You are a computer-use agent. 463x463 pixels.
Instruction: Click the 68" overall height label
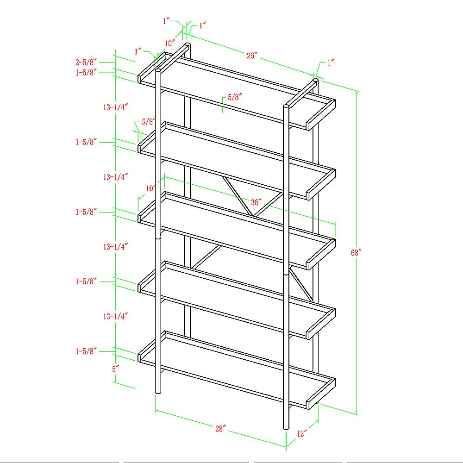pos(356,253)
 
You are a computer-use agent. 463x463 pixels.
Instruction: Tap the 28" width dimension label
pos(220,428)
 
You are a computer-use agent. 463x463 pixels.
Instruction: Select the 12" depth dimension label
pos(302,433)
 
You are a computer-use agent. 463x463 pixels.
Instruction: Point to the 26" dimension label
pos(252,55)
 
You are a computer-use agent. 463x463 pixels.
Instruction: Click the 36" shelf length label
pos(256,202)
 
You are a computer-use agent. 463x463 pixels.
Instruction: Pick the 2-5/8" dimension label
pos(86,63)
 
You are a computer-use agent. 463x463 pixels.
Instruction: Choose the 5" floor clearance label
pos(115,369)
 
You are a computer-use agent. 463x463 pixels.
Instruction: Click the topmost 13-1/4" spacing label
pos(115,107)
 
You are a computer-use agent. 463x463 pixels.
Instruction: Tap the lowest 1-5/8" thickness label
pos(86,351)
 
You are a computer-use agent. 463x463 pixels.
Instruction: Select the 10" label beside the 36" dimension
pos(151,188)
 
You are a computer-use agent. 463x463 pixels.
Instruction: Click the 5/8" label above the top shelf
pos(235,97)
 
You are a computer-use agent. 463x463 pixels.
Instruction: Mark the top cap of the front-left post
pos(158,70)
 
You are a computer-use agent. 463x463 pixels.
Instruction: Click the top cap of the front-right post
pos(286,106)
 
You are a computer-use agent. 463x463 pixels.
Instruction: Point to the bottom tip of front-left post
pos(158,393)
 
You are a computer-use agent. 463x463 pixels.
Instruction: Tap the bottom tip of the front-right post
pos(286,428)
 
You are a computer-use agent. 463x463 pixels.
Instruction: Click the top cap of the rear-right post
pos(315,80)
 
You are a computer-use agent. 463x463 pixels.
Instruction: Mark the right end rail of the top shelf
pos(321,115)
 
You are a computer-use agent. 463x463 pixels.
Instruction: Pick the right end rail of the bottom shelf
pos(321,394)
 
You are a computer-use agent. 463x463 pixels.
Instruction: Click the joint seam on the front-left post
pos(158,238)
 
